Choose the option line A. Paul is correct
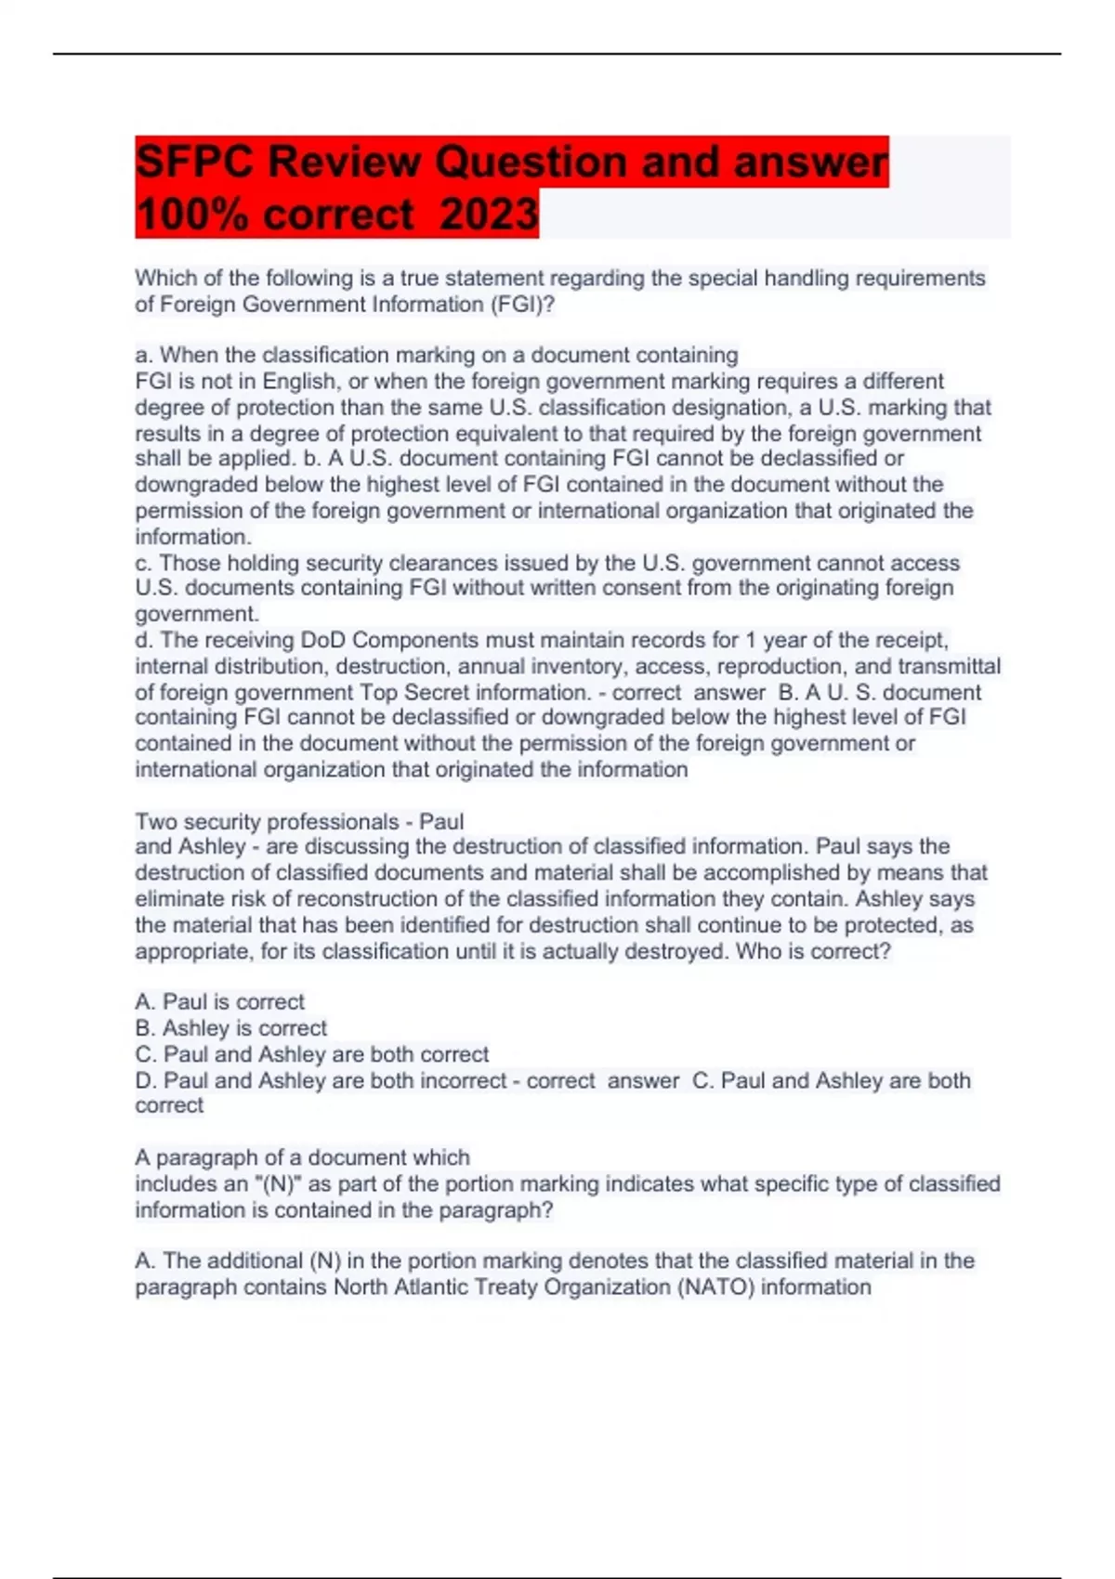click(219, 1002)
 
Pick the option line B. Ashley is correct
click(230, 1028)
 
